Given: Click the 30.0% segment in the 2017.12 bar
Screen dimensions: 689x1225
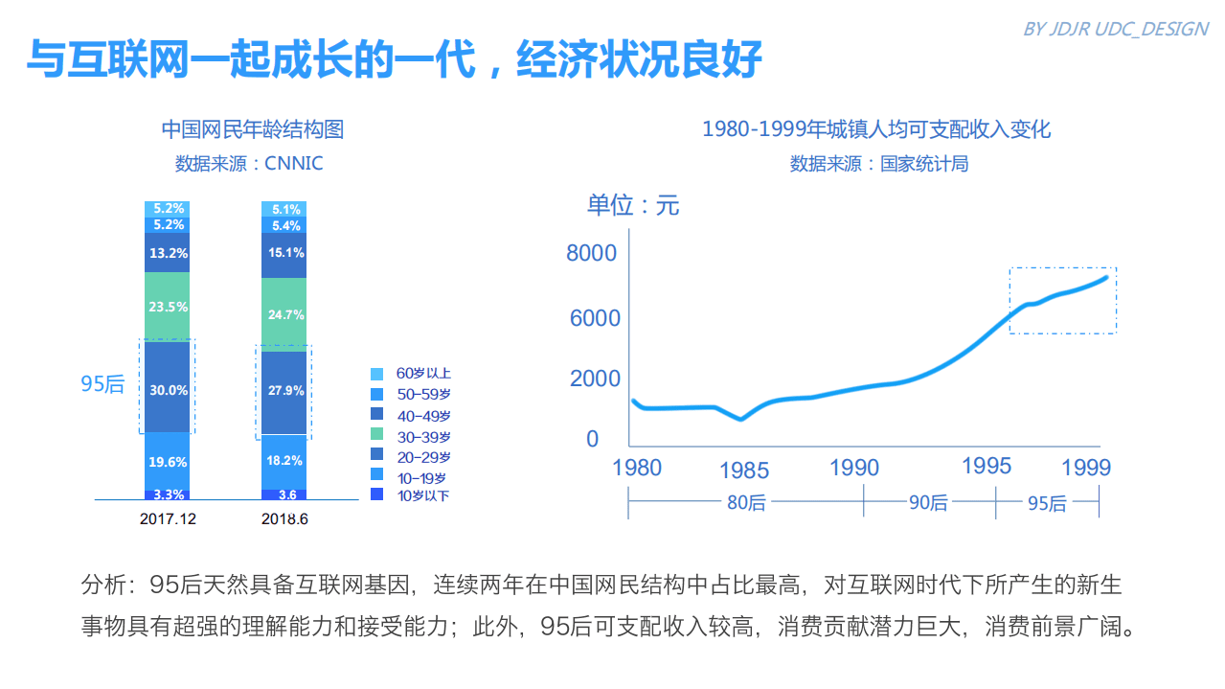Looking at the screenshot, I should tap(168, 390).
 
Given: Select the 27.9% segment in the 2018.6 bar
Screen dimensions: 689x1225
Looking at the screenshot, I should tap(284, 391).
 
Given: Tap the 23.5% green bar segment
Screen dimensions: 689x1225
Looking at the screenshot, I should tap(168, 307).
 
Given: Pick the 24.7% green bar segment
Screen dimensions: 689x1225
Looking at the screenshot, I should tap(284, 314).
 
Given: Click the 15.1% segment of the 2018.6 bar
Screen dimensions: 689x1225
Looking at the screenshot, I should tap(284, 253).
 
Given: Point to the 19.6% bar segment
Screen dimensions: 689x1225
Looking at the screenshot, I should tap(168, 462).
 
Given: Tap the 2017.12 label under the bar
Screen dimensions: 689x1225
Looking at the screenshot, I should tap(168, 519).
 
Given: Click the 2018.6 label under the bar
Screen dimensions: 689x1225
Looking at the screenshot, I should tap(284, 519).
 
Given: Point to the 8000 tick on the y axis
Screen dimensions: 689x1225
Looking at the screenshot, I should tap(591, 253).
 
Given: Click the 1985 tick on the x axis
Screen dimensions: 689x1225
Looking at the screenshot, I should tap(744, 471).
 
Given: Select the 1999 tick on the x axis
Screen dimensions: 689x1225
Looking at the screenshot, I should tap(1087, 468).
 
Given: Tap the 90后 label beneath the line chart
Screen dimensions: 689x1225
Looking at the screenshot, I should tap(928, 502).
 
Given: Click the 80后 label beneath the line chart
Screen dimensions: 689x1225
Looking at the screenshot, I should tap(746, 502).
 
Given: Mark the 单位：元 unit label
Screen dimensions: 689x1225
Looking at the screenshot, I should tap(633, 205).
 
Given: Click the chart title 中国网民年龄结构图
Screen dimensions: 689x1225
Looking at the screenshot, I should tap(252, 129).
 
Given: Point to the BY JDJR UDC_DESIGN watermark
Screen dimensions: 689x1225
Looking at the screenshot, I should tap(1116, 29).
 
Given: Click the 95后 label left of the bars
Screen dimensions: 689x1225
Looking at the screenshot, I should tap(102, 384).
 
